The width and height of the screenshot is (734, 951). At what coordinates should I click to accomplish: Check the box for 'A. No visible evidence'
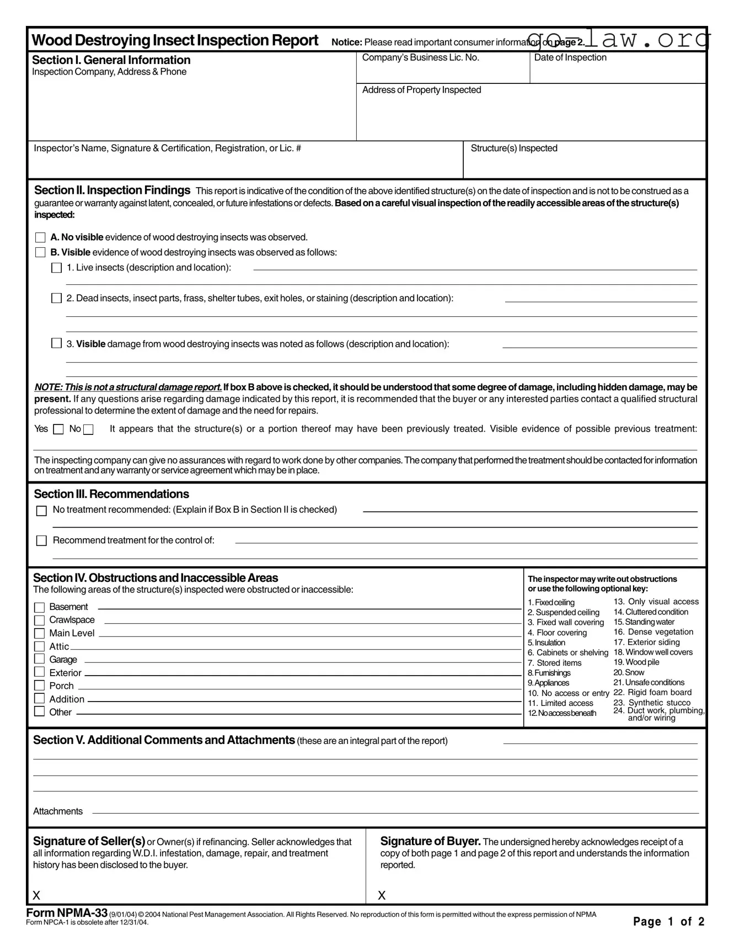(x=40, y=238)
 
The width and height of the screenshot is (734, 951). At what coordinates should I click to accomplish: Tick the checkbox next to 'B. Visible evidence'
(x=40, y=253)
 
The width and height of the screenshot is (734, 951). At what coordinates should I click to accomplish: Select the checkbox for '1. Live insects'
(x=56, y=268)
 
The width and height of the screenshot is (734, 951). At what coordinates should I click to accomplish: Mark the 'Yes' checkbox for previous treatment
(x=58, y=429)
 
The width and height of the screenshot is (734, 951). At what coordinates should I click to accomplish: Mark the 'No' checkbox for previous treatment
(x=88, y=429)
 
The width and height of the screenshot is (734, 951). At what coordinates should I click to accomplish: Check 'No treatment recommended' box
(x=41, y=511)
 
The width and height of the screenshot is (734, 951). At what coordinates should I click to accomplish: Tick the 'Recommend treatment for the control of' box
(x=41, y=541)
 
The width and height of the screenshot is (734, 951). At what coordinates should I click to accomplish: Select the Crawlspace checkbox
(x=39, y=620)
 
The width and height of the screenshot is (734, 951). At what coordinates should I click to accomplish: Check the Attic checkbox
(x=39, y=646)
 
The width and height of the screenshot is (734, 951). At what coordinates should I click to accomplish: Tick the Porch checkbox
(x=39, y=686)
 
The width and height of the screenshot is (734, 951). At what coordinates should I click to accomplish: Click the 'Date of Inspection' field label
(x=570, y=57)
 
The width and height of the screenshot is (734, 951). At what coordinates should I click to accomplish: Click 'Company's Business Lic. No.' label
(x=420, y=57)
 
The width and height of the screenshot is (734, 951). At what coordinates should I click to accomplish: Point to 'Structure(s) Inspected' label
(x=514, y=148)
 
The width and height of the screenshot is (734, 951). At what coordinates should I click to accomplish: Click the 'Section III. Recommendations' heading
(x=111, y=494)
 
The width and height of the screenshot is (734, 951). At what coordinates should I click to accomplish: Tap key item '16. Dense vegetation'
(x=653, y=632)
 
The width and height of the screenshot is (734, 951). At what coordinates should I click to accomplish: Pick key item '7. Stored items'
(x=554, y=663)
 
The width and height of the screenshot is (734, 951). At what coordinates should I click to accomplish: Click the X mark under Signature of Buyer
(x=382, y=895)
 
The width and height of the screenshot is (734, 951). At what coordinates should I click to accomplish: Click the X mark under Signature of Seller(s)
(x=36, y=895)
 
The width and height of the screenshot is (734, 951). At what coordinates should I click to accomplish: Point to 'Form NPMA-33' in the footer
(x=67, y=913)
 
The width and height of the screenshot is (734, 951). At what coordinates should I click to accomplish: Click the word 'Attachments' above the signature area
(x=58, y=811)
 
